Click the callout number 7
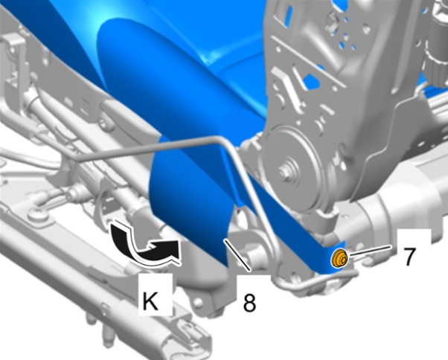(x=409, y=257)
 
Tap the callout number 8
(x=249, y=303)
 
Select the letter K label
(x=150, y=301)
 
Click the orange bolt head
(x=339, y=259)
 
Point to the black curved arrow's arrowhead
(x=168, y=249)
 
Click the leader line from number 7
(x=368, y=250)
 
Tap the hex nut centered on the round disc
(x=284, y=173)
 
